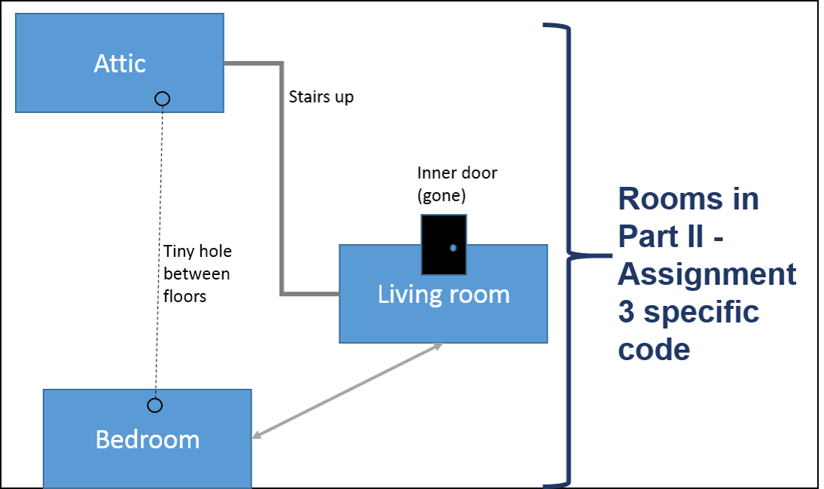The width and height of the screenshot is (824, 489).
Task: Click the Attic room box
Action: point(120,63)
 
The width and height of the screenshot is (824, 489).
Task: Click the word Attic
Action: point(120,63)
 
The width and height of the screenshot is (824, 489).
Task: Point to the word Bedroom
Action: point(148,439)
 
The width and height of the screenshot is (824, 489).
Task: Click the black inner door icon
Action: point(444,244)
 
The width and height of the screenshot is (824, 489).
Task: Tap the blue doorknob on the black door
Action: point(453,248)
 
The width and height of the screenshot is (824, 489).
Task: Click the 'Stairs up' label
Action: point(321,97)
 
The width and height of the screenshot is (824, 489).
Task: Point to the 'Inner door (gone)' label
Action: point(456,184)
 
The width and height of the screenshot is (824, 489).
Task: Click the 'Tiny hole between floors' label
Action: point(197,274)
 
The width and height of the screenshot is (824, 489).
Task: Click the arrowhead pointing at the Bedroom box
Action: point(258,434)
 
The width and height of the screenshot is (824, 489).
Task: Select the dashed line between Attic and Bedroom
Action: point(159,252)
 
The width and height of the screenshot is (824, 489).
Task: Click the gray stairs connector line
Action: point(282,179)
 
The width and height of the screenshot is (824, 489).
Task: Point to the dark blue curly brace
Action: point(568,255)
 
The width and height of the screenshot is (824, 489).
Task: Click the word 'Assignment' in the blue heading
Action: point(707,274)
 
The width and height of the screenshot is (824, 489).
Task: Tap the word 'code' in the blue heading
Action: point(654,350)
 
